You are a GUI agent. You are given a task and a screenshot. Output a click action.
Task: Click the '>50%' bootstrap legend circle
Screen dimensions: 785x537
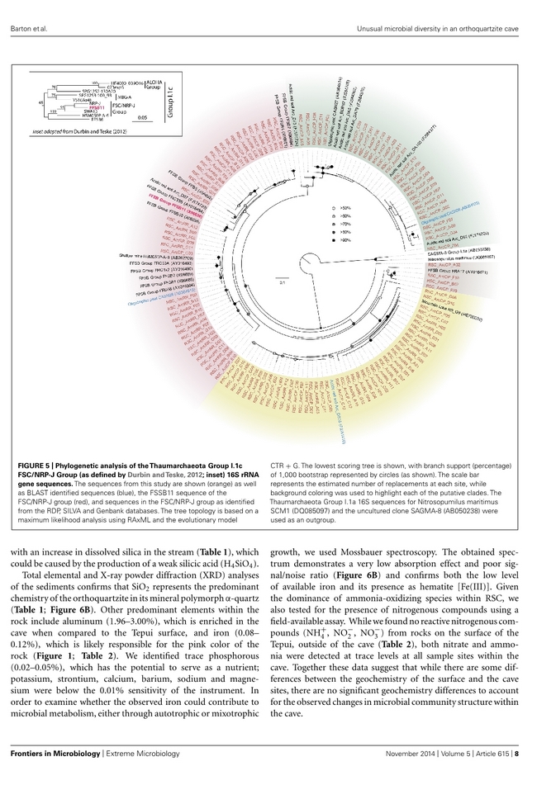pyautogui.click(x=334, y=209)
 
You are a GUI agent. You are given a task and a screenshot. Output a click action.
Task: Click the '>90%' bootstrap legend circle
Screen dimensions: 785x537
pyautogui.click(x=334, y=241)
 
